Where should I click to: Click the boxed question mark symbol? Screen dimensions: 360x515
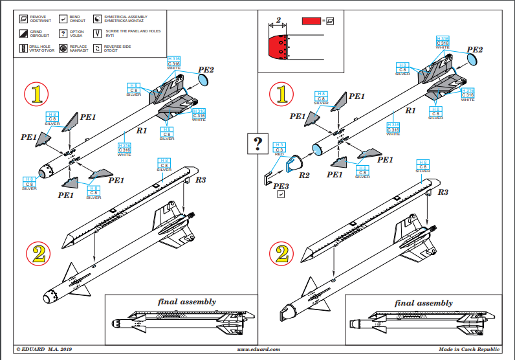[257, 143]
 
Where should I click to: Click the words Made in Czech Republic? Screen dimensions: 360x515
[469, 350]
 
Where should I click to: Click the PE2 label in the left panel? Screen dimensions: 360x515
[206, 69]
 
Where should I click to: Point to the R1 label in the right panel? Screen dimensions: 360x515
[410, 111]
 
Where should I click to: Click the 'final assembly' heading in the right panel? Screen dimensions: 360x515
[423, 302]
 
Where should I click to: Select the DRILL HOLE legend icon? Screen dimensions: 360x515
[25, 48]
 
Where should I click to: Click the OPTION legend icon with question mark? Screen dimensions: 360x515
[63, 34]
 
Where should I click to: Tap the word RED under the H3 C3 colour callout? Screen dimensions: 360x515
[279, 155]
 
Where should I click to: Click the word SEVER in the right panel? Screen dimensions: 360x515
[403, 73]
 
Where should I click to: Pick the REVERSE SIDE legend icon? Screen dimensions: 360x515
[98, 48]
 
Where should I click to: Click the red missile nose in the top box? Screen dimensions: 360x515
[279, 47]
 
